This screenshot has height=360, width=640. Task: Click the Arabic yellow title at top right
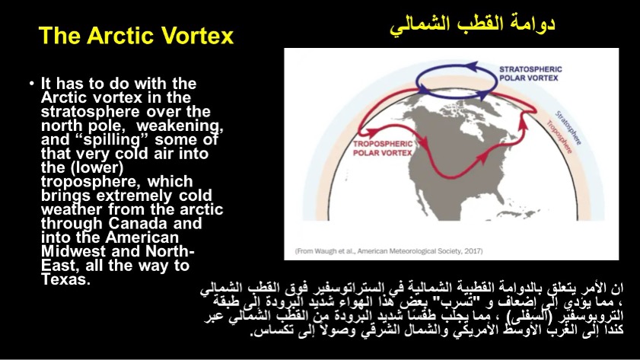(473, 25)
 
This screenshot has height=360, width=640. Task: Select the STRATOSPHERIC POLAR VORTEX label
(530, 74)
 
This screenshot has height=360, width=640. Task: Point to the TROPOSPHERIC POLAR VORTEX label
(383, 148)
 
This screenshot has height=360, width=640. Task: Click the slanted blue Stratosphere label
(568, 127)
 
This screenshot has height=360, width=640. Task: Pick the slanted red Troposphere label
(559, 137)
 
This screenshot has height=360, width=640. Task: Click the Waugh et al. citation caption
(389, 251)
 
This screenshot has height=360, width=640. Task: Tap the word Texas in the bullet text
(65, 279)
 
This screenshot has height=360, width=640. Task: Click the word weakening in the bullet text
(180, 126)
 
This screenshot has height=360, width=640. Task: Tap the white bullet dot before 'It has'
(31, 84)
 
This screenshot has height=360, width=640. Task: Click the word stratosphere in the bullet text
(91, 112)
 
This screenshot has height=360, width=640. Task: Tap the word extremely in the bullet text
(134, 196)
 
